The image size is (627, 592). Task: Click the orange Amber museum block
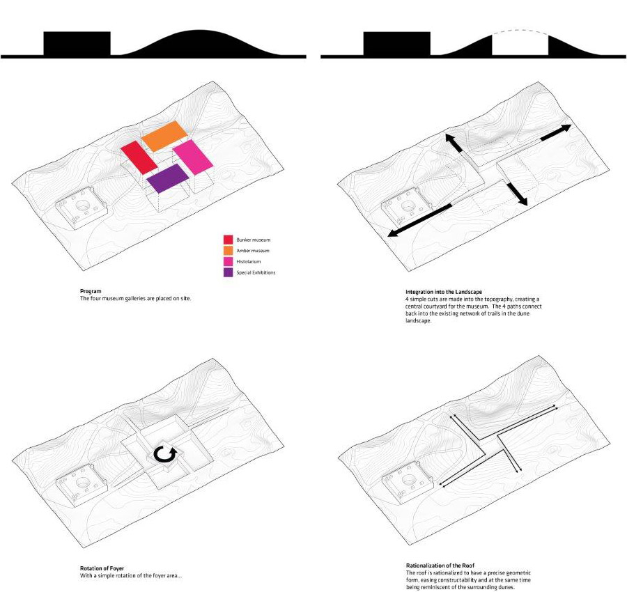[164, 136]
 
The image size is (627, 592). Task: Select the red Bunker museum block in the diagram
[139, 157]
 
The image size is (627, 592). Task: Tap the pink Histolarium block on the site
[192, 157]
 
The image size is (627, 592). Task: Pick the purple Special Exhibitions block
[168, 178]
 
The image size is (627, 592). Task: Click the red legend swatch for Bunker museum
[228, 240]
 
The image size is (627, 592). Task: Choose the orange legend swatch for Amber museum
[228, 251]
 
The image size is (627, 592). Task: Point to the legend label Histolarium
[248, 261]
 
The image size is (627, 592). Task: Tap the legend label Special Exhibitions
[256, 272]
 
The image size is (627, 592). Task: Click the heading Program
[91, 291]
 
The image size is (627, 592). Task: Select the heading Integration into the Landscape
[444, 292]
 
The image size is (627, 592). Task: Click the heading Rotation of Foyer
[102, 568]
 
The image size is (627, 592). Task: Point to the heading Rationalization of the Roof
[440, 566]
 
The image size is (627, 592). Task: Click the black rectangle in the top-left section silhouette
[77, 43]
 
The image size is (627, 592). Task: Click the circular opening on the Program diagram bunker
[84, 206]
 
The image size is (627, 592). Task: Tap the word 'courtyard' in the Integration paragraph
[438, 306]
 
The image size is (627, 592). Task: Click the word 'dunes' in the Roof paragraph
[506, 587]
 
